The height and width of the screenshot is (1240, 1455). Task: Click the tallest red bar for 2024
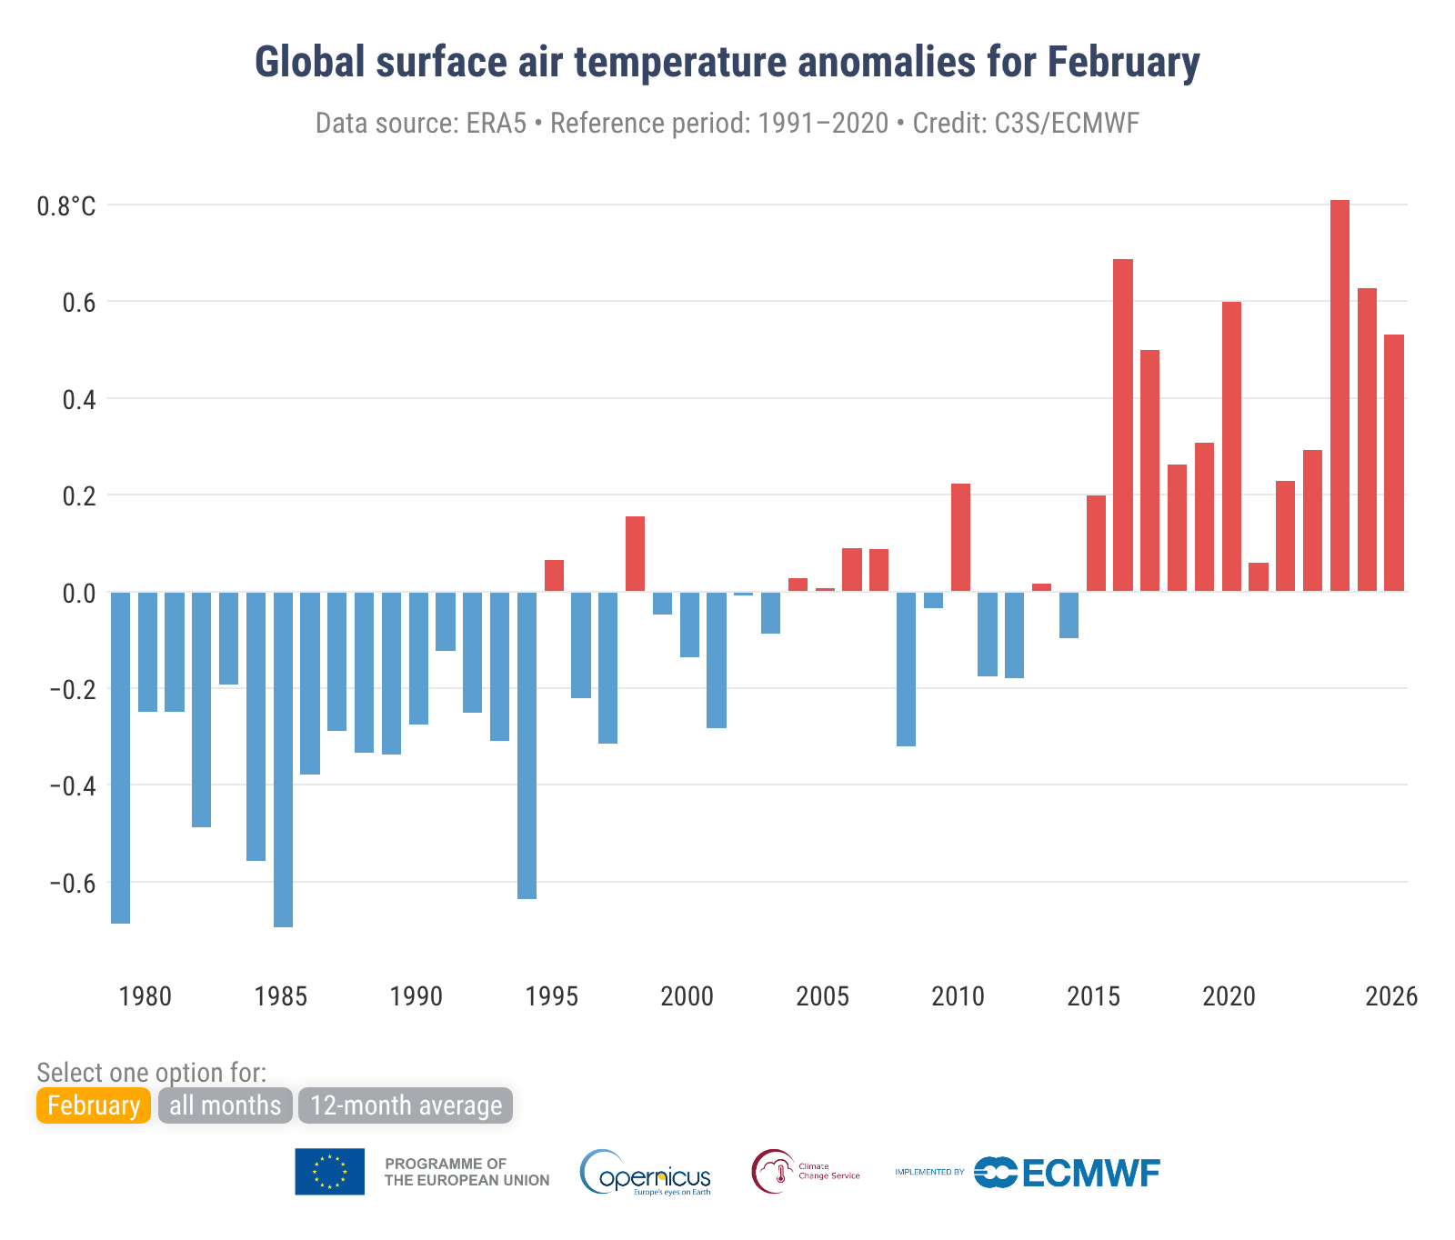point(1340,395)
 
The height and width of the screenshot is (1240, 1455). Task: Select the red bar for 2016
point(1123,425)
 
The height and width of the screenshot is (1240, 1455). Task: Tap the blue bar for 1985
point(283,759)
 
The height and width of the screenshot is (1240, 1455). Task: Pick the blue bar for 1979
point(120,757)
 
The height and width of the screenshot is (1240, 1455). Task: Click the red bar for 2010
point(960,537)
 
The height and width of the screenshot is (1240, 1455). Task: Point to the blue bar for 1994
point(527,745)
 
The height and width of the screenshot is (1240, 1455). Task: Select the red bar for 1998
point(635,554)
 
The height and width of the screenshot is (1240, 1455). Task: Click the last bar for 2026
point(1394,463)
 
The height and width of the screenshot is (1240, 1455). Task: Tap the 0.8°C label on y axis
point(65,207)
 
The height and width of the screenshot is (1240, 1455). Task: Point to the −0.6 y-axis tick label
point(72,884)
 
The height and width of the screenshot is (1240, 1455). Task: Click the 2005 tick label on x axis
point(822,997)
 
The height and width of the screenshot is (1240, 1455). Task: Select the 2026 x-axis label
point(1390,997)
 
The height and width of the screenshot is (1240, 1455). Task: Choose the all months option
point(226,1105)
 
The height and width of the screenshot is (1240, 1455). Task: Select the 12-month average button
point(406,1105)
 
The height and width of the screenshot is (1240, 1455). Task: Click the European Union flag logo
point(329,1172)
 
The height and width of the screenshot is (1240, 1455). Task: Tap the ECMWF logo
point(1068,1173)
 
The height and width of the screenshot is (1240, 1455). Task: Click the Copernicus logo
point(646,1173)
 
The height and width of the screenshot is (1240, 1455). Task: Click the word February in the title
point(1123,62)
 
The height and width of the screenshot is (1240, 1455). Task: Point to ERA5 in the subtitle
point(497,123)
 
